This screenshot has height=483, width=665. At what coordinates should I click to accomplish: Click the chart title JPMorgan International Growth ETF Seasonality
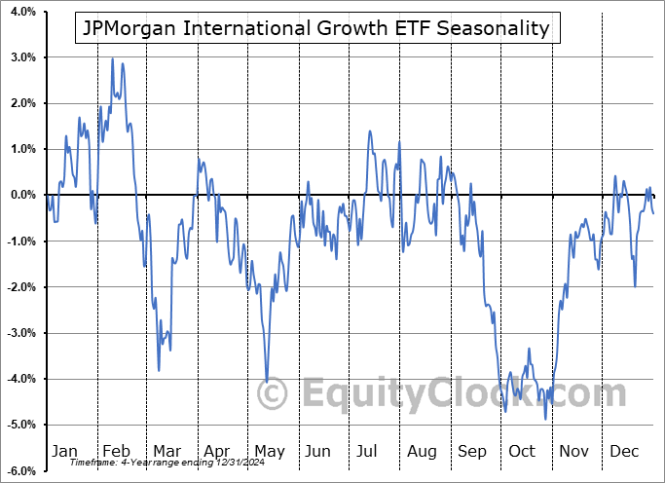coord(316,29)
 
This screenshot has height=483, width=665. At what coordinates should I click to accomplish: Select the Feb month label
coord(116,451)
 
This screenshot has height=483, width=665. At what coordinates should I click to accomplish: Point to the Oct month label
coord(523,451)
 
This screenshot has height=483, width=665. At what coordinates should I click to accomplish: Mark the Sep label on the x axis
coord(473,451)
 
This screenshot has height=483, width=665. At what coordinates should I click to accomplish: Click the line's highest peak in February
coord(112,59)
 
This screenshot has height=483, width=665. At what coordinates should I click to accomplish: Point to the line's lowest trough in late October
coord(545,419)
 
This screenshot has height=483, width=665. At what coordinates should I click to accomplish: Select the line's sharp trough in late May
coord(267,382)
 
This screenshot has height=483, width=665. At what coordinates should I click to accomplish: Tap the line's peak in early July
coord(370,131)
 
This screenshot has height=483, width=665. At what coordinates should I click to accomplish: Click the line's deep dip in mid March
coord(159,370)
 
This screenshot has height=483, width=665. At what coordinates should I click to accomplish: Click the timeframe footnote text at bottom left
coord(148,463)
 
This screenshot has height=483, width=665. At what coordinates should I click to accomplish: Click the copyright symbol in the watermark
coord(274,394)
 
